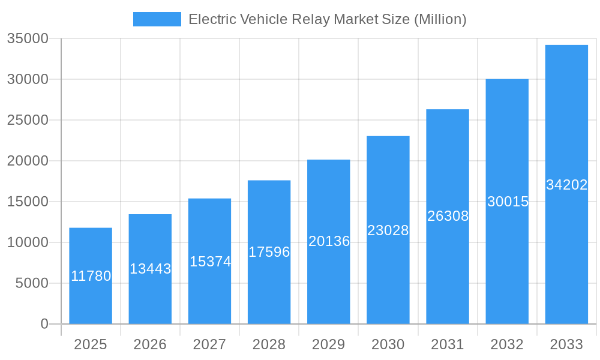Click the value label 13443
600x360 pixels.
(x=150, y=269)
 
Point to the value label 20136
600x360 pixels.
(x=329, y=241)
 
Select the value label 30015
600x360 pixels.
(x=508, y=202)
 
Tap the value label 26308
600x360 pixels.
(x=448, y=216)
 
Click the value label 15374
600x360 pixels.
(x=210, y=262)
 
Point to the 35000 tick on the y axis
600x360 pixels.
(x=27, y=39)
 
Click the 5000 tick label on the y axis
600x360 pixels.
(x=31, y=283)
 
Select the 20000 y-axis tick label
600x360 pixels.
(x=27, y=161)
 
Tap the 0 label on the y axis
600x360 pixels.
(x=44, y=324)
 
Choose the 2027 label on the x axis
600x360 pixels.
(x=209, y=344)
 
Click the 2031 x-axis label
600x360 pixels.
(x=448, y=344)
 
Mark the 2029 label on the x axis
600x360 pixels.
(x=329, y=344)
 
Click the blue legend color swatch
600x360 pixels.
(x=157, y=19)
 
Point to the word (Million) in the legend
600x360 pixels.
(x=440, y=19)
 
